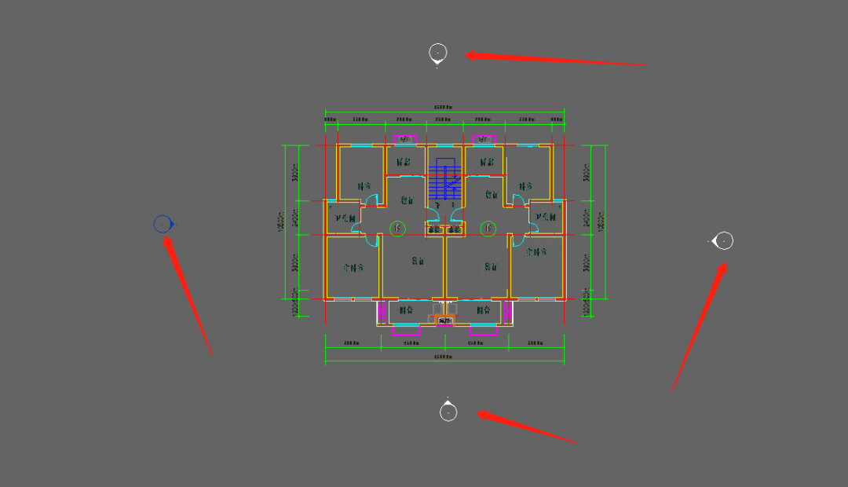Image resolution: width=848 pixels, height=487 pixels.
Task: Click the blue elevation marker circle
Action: [163, 225]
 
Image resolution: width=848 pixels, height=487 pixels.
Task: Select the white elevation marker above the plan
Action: [438, 53]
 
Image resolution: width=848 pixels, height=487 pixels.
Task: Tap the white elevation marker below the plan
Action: [448, 412]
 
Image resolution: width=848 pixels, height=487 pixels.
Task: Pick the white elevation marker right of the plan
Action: [724, 240]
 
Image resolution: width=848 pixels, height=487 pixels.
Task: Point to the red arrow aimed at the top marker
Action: [554, 59]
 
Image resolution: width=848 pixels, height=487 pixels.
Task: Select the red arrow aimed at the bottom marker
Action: [527, 427]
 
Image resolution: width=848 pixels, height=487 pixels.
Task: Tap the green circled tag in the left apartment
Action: [398, 229]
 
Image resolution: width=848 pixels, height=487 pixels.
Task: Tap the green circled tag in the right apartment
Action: [488, 229]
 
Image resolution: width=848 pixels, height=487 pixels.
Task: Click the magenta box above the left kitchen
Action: [405, 140]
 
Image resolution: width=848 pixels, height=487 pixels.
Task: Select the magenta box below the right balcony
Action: [484, 330]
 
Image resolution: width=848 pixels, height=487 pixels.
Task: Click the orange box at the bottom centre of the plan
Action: [445, 320]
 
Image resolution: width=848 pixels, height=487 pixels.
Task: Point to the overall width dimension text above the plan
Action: [444, 107]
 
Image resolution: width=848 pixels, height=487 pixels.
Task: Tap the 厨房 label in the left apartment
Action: [404, 163]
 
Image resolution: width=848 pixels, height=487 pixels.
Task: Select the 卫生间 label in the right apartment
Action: [545, 218]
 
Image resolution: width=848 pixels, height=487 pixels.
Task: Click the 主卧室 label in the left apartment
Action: [355, 267]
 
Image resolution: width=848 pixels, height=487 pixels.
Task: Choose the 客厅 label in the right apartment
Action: [492, 265]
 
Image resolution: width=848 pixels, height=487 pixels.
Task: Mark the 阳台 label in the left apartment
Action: [406, 310]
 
